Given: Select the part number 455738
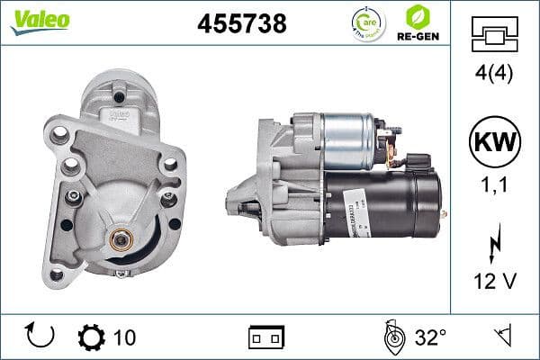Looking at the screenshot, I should [241, 24].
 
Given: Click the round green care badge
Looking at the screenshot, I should [367, 22].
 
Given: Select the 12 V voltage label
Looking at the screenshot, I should [494, 281].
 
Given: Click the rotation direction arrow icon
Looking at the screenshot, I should [41, 337].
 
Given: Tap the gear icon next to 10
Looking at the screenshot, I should [91, 337].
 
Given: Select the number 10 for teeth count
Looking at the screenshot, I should [125, 337].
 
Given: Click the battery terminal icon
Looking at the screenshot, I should [266, 337].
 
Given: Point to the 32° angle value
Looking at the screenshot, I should [430, 337].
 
